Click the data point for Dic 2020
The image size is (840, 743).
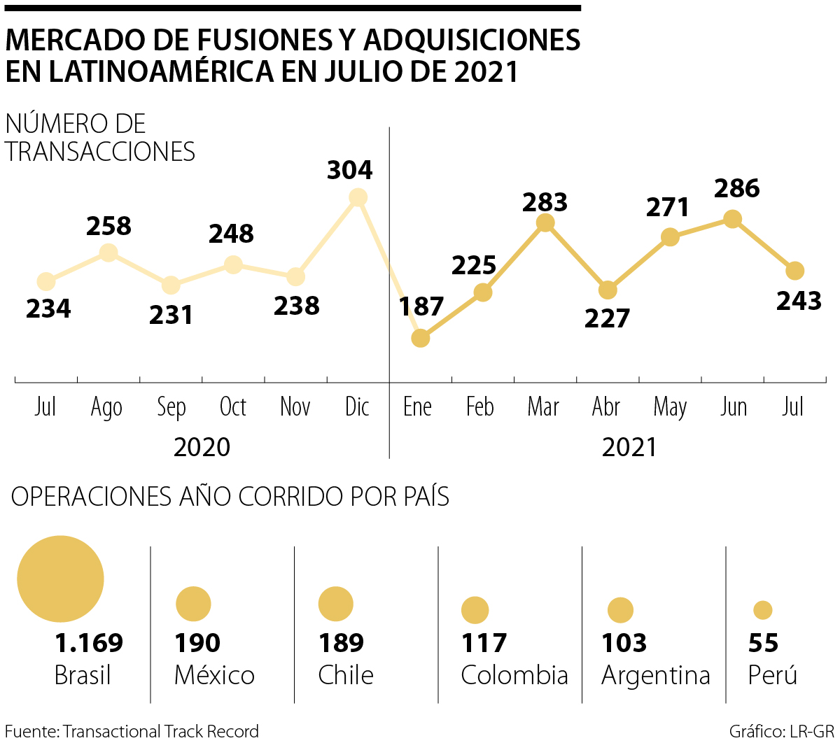point(358,198)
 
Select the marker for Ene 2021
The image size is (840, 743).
point(420,338)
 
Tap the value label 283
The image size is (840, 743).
point(545,201)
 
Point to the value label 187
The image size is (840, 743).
point(421,306)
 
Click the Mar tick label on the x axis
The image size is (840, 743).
point(543,406)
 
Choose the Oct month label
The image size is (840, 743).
point(233,406)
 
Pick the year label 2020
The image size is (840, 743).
point(202,447)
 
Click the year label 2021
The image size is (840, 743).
point(629,447)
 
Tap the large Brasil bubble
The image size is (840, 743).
point(60,579)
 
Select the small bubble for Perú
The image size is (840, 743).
point(763,610)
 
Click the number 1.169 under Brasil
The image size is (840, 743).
point(89,642)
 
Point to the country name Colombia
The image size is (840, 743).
point(514,675)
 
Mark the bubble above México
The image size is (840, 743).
point(193,604)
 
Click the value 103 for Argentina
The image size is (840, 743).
point(624,642)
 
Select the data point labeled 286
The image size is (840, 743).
point(732,219)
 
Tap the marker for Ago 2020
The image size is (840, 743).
point(108,253)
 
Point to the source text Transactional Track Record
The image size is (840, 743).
point(161,731)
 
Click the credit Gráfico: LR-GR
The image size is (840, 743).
point(781,731)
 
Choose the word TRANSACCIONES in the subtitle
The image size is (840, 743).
point(100,151)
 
